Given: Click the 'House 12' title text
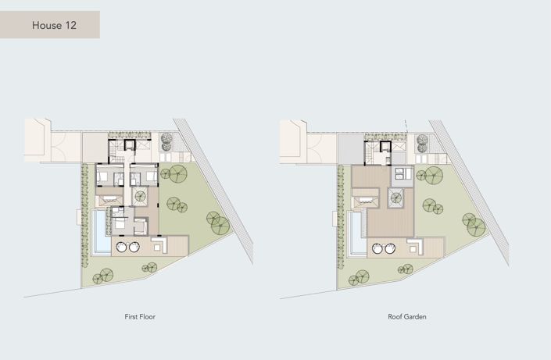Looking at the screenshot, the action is pyautogui.click(x=54, y=25).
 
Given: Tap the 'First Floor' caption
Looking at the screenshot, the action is pyautogui.click(x=140, y=316).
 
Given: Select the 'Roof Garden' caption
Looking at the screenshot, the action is pyautogui.click(x=407, y=316).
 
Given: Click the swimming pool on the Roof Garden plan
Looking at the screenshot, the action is pyautogui.click(x=356, y=232).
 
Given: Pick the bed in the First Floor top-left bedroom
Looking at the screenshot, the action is pyautogui.click(x=102, y=176).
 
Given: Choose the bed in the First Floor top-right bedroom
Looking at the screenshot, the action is pyautogui.click(x=151, y=176).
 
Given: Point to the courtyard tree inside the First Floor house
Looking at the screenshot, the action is pyautogui.click(x=141, y=197).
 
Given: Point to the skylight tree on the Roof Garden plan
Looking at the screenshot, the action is pyautogui.click(x=396, y=198).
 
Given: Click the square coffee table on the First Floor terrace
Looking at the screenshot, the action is pyautogui.click(x=157, y=248).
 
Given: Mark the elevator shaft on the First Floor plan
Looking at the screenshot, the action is pyautogui.click(x=130, y=144).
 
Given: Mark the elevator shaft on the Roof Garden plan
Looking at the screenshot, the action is pyautogui.click(x=385, y=146).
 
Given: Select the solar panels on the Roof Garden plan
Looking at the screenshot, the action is pyautogui.click(x=403, y=173).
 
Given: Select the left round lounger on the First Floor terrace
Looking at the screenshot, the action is pyautogui.click(x=121, y=247).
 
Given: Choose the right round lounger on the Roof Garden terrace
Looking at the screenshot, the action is pyautogui.click(x=390, y=248).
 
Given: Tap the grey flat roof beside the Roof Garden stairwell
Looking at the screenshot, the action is pyautogui.click(x=350, y=149).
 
